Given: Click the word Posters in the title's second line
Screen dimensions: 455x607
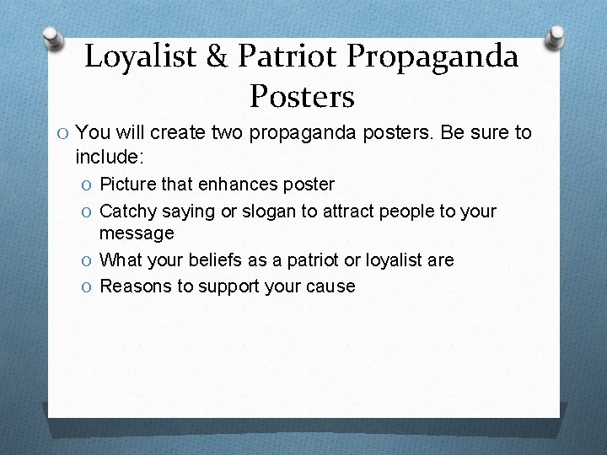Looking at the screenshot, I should point(302,96).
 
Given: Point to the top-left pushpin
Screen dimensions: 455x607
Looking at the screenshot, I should point(53,39).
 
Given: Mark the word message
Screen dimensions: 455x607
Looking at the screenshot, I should point(137,233).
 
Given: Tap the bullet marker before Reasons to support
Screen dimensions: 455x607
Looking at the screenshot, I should point(88,286).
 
